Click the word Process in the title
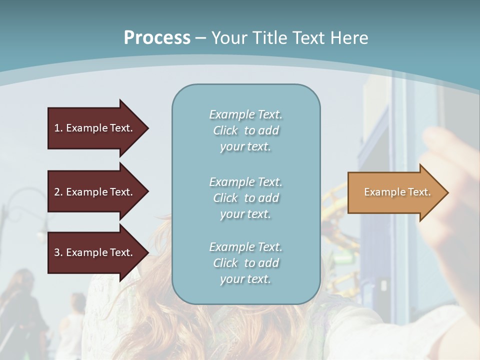coord(157,38)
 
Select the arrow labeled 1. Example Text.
coord(95,128)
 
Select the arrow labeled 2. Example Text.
coord(95,192)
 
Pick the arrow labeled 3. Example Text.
coord(95,252)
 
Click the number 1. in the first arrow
coord(58,128)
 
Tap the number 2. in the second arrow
coord(58,192)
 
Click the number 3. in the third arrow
coord(58,252)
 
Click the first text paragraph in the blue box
coord(245,130)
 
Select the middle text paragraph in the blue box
coord(245,198)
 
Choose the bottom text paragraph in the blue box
coord(245,263)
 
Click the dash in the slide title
coord(201,38)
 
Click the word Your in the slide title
coord(228,38)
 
